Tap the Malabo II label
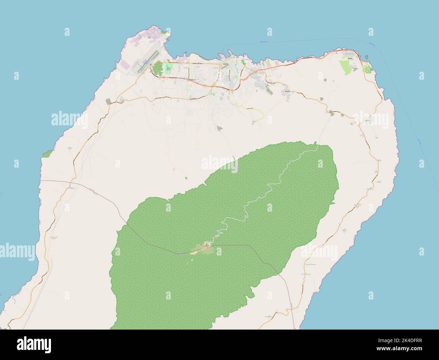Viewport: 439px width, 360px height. tap(192, 80)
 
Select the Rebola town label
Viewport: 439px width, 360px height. tap(287, 91)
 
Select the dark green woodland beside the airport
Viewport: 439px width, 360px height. tap(157, 69)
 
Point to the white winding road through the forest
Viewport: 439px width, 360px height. tap(267, 189)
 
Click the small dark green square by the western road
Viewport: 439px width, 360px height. tap(108, 101)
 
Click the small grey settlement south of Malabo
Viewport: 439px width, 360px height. tap(220, 128)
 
